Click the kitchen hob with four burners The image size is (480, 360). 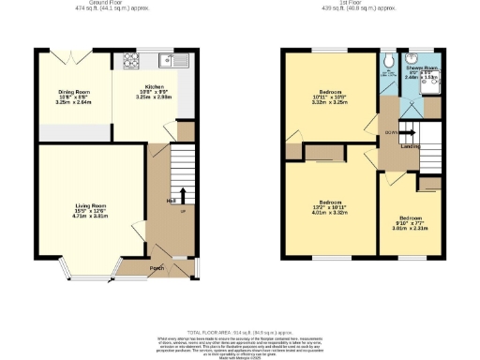pos(128,61)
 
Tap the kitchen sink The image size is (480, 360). pos(172,61)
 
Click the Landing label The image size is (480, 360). pos(410,146)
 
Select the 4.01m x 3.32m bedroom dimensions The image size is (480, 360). pos(330,212)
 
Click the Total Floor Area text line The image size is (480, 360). pos(239,333)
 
